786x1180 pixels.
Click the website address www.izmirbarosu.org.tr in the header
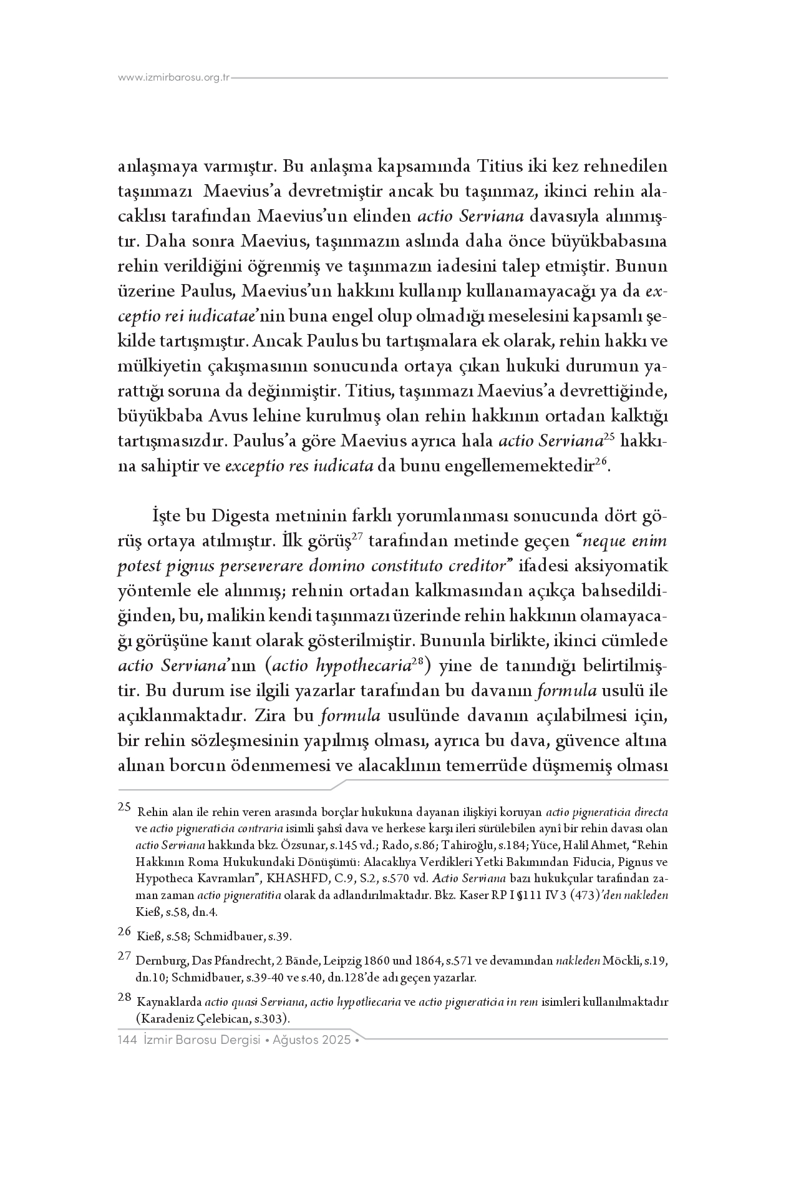(174, 78)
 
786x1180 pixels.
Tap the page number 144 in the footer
(127, 1040)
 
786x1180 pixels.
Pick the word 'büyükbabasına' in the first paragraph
(615, 241)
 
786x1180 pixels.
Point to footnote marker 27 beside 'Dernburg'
(124, 956)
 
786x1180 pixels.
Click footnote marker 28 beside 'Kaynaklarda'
(124, 998)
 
